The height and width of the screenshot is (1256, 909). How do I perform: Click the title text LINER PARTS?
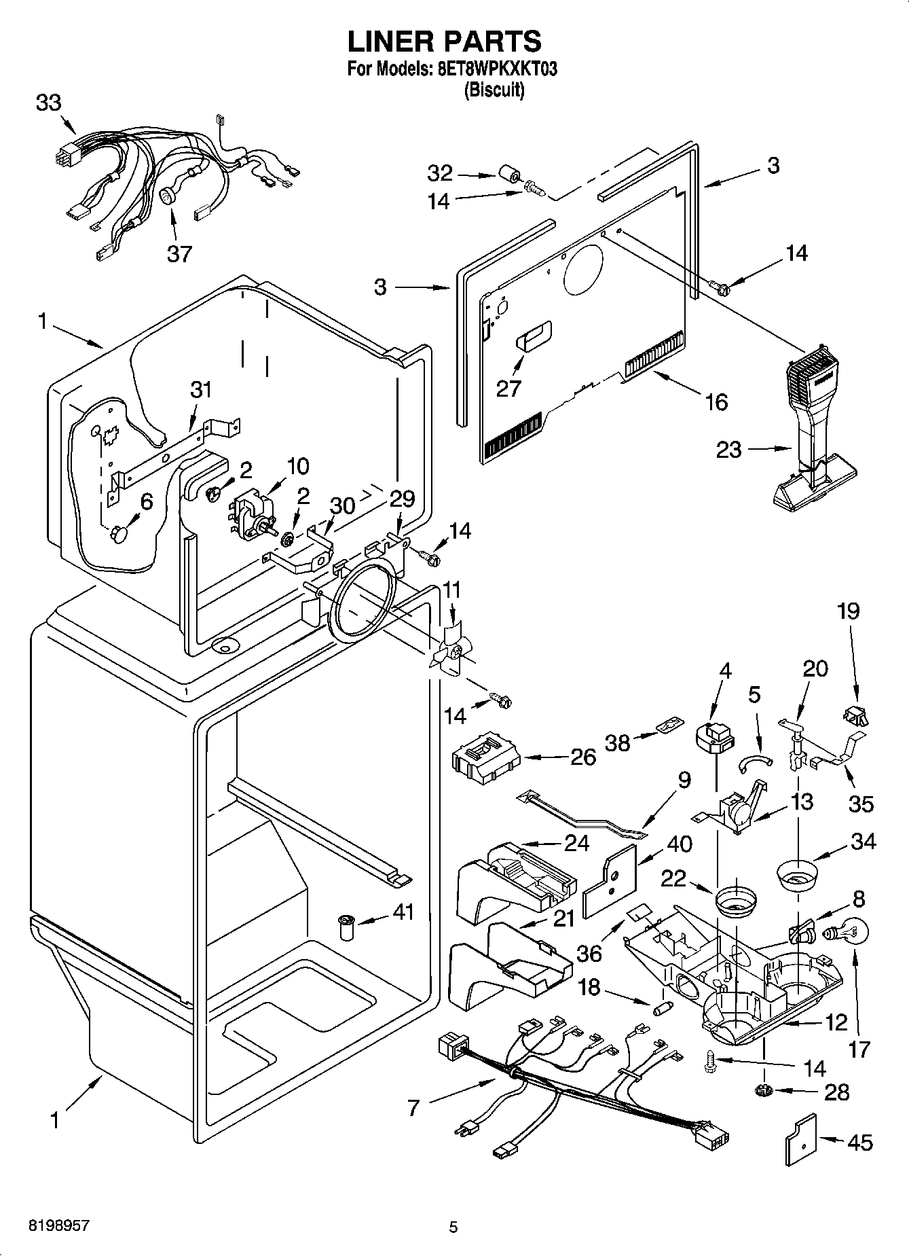pos(445,42)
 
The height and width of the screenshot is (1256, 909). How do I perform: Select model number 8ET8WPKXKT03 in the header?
pos(493,69)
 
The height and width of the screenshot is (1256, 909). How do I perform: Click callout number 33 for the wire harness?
pos(48,103)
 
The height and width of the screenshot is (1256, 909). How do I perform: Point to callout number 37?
pos(179,253)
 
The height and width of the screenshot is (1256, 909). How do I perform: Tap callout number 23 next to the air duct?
pos(728,450)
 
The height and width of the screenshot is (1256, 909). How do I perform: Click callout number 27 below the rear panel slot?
pos(508,388)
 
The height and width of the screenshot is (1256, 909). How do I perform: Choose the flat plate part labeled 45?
pos(801,1141)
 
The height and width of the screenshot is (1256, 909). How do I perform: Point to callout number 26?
pos(582,757)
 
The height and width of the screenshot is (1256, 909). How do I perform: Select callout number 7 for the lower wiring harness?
pos(414,1108)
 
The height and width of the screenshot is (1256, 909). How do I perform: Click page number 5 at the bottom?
pos(453,1227)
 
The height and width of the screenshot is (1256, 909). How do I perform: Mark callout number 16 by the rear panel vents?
pos(716,401)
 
